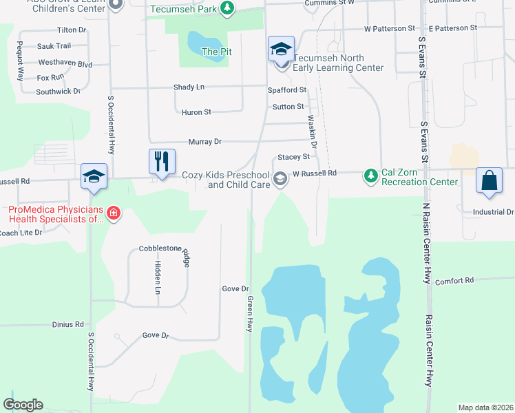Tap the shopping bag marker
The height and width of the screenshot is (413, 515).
[489, 182]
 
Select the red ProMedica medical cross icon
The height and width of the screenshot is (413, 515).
[114, 214]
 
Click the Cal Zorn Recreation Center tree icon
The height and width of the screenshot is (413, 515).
[371, 176]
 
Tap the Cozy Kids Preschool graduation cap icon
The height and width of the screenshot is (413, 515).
[280, 179]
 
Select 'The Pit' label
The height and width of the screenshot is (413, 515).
[216, 52]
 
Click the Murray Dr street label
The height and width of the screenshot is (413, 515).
[205, 141]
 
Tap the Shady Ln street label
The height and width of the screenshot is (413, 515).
[189, 87]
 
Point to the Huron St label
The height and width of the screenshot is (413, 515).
[196, 112]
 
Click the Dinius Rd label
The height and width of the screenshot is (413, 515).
[67, 324]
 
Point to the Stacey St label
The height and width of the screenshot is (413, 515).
[293, 157]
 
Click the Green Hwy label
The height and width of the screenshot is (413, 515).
[251, 314]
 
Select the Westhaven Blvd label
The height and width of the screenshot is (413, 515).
[65, 64]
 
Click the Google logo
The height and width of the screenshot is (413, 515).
[23, 405]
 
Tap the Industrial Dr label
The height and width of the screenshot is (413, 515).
[493, 212]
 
